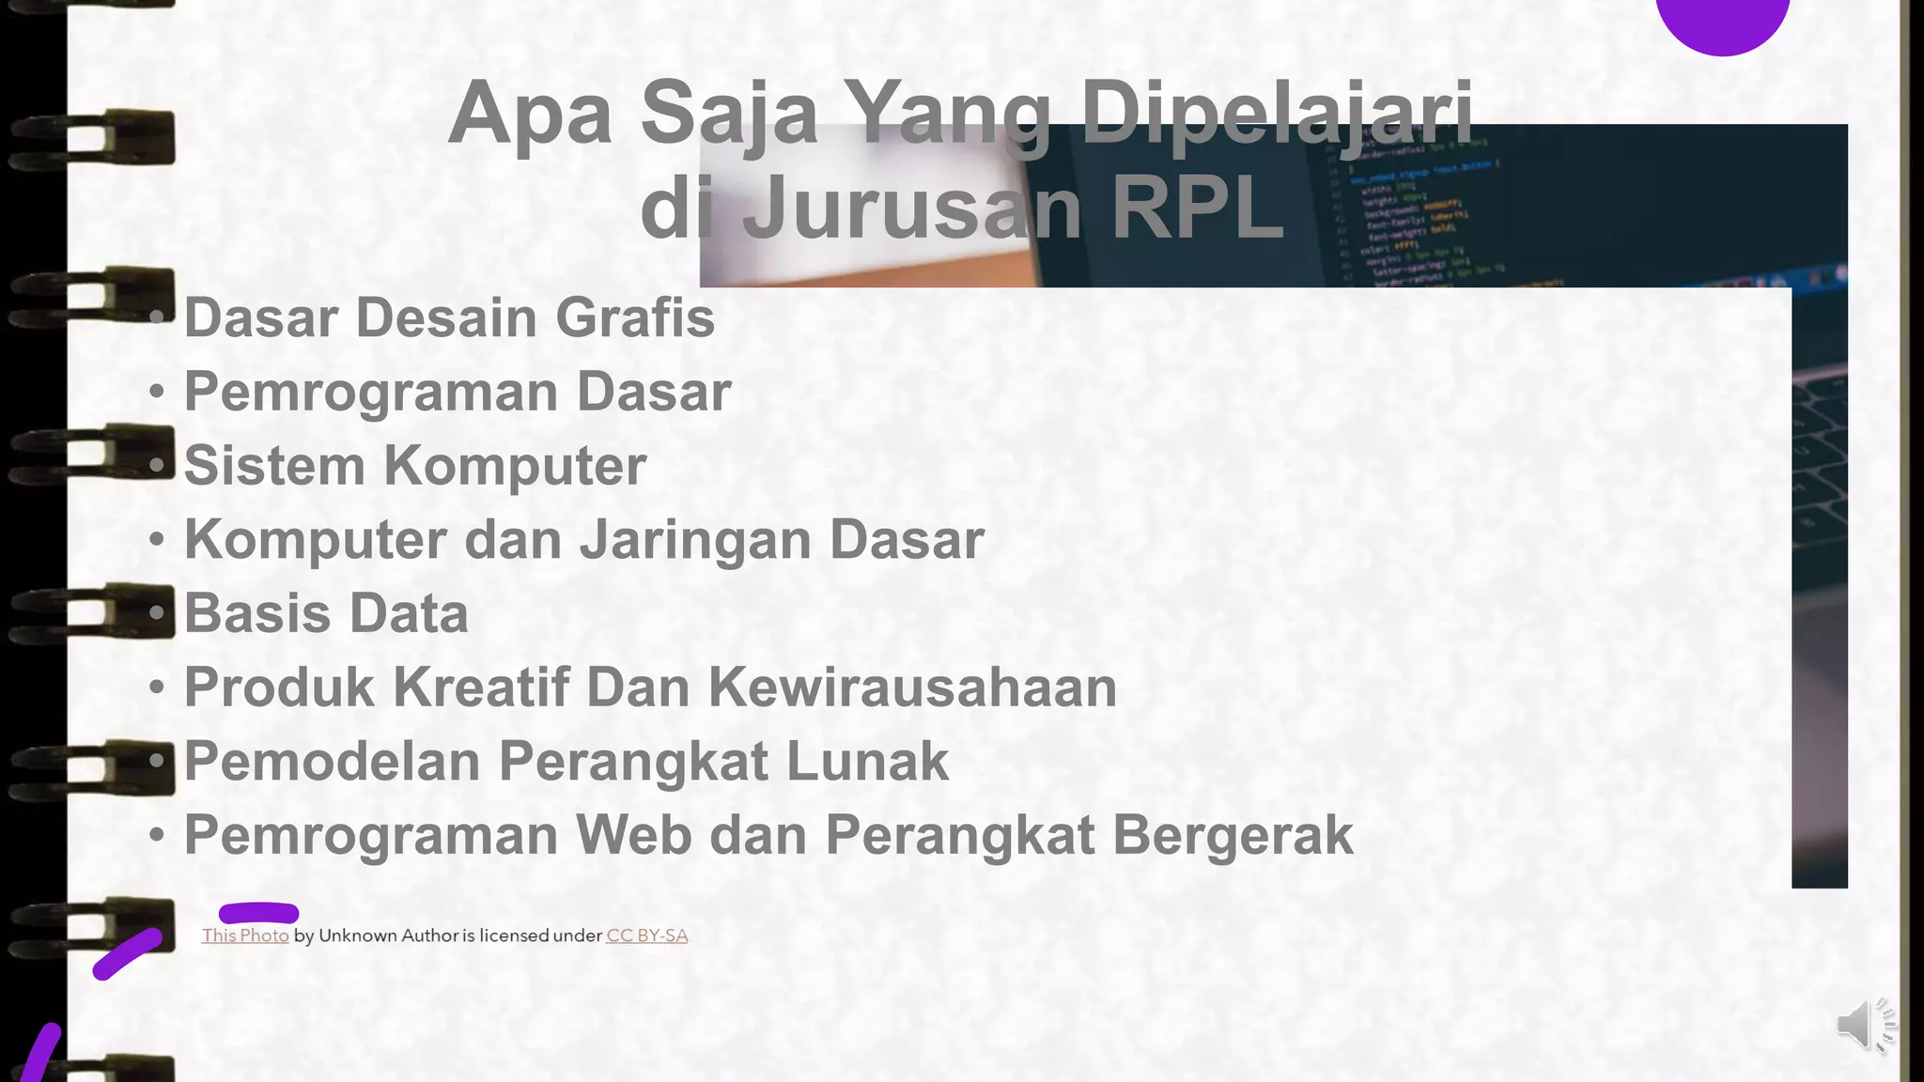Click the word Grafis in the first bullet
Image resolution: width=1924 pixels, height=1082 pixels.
pos(635,317)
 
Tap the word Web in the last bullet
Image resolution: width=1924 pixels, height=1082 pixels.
pos(633,835)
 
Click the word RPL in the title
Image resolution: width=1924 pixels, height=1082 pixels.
pos(1197,208)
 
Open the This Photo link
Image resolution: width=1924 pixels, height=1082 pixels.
pos(245,935)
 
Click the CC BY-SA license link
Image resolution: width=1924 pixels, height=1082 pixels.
pos(647,935)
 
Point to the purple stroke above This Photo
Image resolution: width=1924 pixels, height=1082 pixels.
pos(258,913)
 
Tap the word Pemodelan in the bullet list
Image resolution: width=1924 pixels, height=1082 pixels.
pos(332,761)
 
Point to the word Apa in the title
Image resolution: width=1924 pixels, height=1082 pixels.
pos(530,114)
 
